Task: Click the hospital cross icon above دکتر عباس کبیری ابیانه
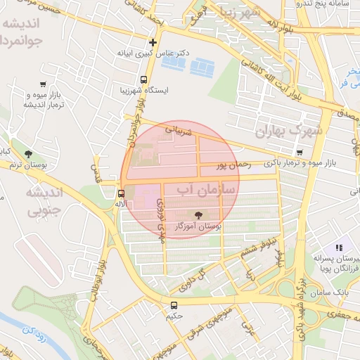(153, 42)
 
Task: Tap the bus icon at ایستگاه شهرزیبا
(144, 79)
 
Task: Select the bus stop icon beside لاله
(122, 193)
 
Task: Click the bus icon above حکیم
(174, 305)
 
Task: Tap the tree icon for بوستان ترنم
(27, 154)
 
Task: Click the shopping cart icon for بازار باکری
(300, 153)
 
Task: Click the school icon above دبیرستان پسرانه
(339, 247)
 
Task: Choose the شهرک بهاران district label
(288, 130)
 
